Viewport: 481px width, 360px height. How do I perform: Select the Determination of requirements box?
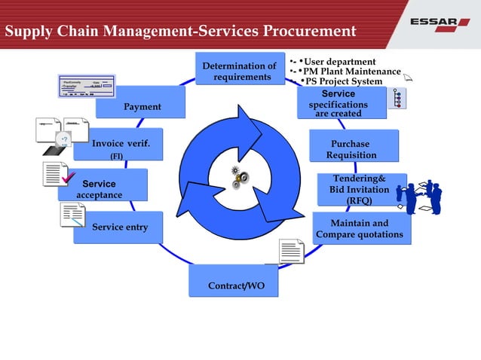pos(240,72)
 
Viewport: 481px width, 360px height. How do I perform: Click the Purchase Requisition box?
pos(351,149)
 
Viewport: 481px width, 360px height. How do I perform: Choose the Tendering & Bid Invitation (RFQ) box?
pos(360,190)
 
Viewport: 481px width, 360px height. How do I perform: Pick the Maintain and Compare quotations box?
pos(360,229)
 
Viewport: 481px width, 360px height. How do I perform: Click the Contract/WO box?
pos(234,286)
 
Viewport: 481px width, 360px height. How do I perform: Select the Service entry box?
pos(118,227)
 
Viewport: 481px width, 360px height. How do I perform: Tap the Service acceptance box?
pos(101,189)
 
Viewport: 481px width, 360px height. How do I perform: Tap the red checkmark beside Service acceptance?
pos(69,178)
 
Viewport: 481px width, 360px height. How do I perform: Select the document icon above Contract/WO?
pos(291,251)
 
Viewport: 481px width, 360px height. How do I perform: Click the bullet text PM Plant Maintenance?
pos(351,72)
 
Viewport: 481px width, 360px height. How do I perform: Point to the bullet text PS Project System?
pos(342,81)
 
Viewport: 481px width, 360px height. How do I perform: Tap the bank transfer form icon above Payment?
pos(85,87)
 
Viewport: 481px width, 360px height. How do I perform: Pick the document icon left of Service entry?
pos(72,215)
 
